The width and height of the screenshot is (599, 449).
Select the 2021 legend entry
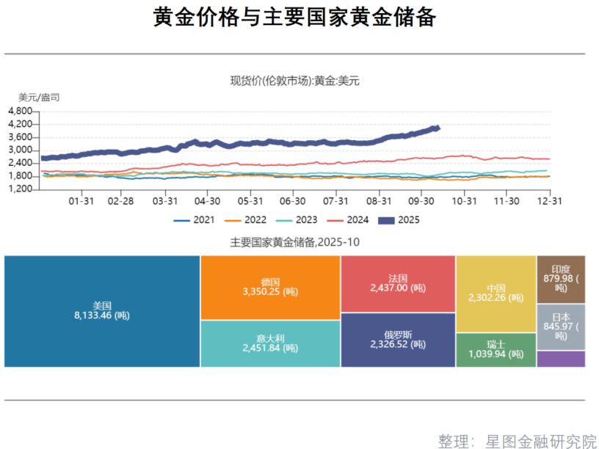[x=195, y=220]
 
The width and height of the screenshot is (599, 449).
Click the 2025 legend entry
[x=398, y=220]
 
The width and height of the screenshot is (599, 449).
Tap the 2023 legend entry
[x=296, y=220]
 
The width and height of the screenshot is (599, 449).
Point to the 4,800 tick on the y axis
[x=20, y=111]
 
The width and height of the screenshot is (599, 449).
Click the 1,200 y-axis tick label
[x=20, y=189]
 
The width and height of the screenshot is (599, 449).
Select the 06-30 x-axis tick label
[x=293, y=200]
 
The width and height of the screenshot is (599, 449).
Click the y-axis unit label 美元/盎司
[x=39, y=97]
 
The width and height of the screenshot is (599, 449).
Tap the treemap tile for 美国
[x=102, y=311]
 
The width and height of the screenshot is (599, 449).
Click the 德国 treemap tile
[x=270, y=288]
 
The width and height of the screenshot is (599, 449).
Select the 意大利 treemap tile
[x=270, y=343]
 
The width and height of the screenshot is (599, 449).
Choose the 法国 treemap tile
[x=397, y=283]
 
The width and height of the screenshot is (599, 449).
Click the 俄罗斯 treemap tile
[x=397, y=340]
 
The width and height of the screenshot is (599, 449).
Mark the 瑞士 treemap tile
[x=495, y=349]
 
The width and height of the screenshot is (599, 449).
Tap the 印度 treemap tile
[x=561, y=279]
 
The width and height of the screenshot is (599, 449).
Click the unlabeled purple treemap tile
[x=561, y=359]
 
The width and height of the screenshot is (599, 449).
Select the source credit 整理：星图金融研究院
[x=517, y=441]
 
